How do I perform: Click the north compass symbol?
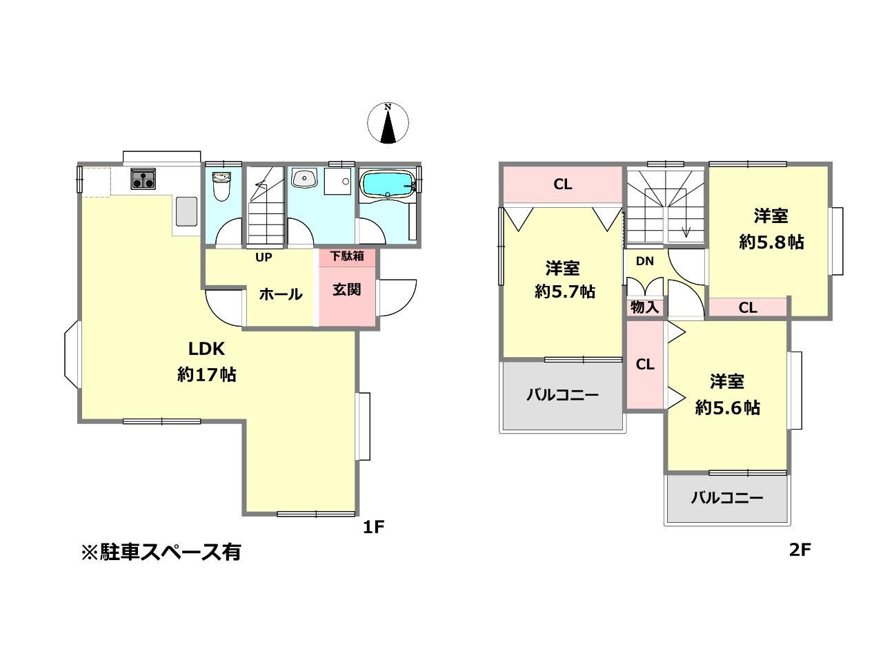click(x=388, y=124)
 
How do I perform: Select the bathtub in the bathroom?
click(x=387, y=184)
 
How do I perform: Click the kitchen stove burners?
click(x=143, y=180)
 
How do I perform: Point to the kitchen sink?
click(x=186, y=211)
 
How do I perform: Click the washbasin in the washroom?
click(x=303, y=179)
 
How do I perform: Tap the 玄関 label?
click(x=347, y=289)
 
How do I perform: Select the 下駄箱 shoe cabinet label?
click(x=347, y=256)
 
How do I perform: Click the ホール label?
click(x=281, y=294)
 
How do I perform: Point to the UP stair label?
click(x=264, y=258)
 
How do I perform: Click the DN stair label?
click(x=645, y=261)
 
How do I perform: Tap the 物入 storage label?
click(x=645, y=307)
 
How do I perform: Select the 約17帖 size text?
click(x=207, y=374)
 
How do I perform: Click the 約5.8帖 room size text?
click(x=771, y=242)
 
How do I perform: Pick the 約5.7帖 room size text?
click(x=565, y=291)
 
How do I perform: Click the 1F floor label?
click(x=373, y=528)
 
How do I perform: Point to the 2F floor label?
click(x=800, y=550)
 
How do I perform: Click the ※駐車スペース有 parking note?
click(x=161, y=552)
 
